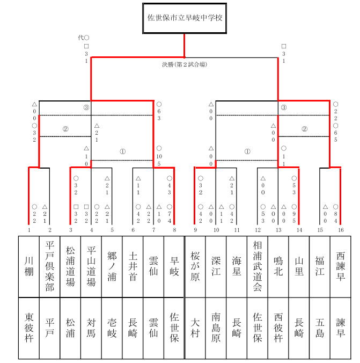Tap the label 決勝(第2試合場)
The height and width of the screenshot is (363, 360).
[185, 64]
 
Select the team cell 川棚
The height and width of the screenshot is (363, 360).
[29, 266]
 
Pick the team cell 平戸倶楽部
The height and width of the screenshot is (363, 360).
[50, 266]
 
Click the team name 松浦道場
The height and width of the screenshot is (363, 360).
[71, 266]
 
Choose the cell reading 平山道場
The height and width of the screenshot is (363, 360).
[91, 266]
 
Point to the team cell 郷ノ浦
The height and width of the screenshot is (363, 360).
[112, 266]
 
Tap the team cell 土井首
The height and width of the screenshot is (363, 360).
[133, 266]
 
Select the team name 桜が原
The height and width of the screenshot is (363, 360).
[195, 266]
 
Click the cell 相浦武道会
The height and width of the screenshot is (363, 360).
[258, 266]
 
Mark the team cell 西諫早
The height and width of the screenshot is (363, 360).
[341, 266]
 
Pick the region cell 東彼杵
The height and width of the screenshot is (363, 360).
[29, 328]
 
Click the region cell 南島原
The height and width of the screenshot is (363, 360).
[216, 328]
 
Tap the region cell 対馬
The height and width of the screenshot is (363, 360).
[91, 328]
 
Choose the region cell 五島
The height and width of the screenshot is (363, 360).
[320, 328]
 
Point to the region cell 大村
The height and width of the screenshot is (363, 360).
[195, 328]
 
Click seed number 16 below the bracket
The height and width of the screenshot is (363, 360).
[341, 230]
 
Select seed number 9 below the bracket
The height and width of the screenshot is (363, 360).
[195, 230]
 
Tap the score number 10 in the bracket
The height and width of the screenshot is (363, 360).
[159, 157]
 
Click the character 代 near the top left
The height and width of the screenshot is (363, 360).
[81, 38]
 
